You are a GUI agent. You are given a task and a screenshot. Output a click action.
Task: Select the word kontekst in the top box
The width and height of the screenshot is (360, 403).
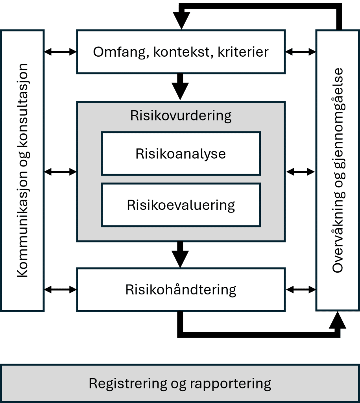[x=183, y=52]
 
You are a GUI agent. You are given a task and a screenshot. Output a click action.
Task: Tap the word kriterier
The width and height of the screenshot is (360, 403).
[x=243, y=52]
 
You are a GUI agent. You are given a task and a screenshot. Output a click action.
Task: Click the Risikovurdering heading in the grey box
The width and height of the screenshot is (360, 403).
[x=181, y=116]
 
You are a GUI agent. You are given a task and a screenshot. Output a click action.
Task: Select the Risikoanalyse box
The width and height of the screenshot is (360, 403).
[x=181, y=154]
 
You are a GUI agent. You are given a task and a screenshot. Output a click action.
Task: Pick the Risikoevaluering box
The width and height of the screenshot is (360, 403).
[x=181, y=205]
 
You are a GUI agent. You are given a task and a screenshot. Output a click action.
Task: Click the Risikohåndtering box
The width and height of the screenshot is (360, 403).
[x=181, y=290]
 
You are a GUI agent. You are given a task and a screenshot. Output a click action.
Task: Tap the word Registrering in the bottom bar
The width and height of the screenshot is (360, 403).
[x=128, y=384]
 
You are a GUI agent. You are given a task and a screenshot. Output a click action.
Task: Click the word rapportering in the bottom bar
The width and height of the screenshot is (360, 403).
[x=231, y=384]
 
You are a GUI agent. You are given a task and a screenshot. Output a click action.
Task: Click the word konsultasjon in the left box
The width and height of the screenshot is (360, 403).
[x=22, y=105]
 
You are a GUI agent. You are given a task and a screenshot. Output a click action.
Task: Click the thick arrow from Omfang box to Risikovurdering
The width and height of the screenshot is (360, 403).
[x=180, y=87]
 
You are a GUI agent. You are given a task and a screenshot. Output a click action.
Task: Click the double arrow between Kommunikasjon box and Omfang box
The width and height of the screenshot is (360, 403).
[x=60, y=52]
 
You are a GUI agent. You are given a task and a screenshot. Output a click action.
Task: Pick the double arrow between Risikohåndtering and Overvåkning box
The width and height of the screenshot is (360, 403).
[x=301, y=290]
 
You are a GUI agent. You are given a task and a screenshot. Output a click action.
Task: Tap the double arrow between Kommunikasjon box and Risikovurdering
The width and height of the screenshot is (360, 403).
[x=60, y=172]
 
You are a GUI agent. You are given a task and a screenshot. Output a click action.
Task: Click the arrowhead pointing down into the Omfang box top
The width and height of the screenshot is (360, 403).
[x=182, y=20]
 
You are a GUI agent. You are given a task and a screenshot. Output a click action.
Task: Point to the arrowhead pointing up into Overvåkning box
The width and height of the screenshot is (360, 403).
[x=338, y=320]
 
